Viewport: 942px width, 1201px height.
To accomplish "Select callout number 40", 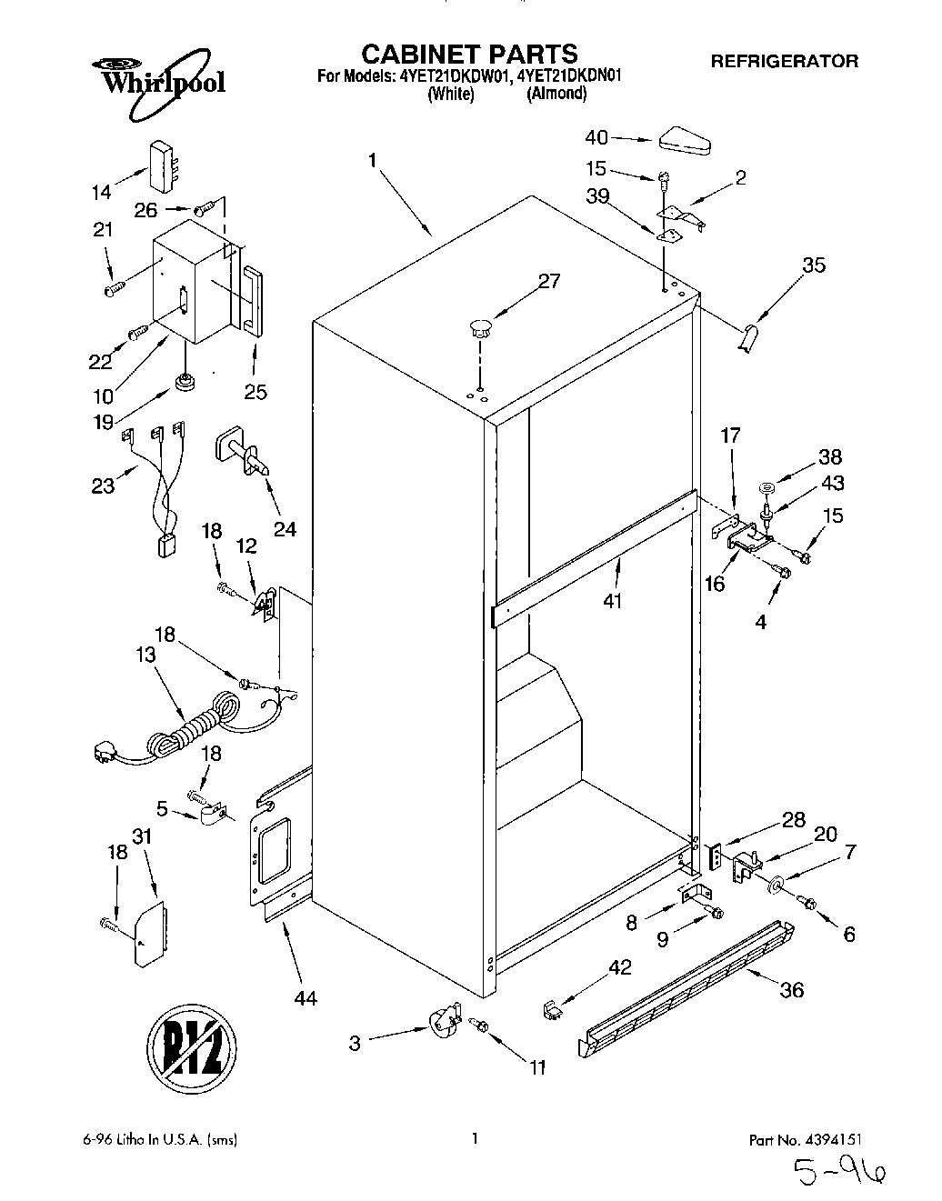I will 596,138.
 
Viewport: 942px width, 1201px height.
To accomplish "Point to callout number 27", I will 548,281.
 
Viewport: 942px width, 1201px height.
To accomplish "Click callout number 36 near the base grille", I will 792,989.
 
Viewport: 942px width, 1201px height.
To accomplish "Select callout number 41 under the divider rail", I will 613,600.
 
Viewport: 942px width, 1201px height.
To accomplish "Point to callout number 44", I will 306,997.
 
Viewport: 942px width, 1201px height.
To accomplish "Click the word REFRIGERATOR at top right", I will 784,62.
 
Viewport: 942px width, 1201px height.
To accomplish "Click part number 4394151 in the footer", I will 823,1138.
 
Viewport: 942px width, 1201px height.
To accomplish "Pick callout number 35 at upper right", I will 814,265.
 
